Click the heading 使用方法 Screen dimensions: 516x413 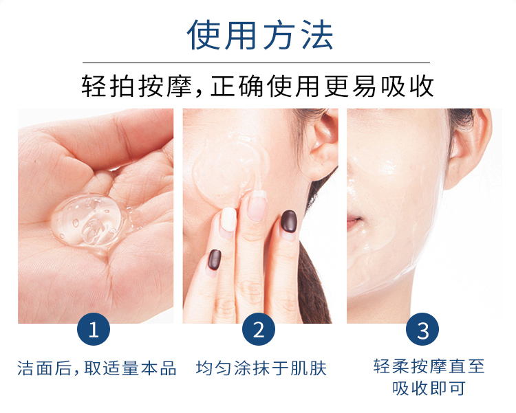[260, 35]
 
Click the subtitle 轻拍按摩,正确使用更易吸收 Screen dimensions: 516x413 [257, 86]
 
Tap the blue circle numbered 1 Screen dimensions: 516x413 [94, 329]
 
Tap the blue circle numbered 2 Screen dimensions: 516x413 [258, 329]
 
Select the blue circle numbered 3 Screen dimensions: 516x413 [422, 329]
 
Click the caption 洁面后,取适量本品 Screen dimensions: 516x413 [97, 368]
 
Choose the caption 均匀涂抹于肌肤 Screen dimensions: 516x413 [261, 368]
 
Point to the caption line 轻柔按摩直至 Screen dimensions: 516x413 [429, 366]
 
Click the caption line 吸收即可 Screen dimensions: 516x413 [429, 388]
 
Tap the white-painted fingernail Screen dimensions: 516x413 [228, 219]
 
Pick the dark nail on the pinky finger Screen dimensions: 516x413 [215, 260]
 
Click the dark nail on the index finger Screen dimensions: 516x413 [288, 222]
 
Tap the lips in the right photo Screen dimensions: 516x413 [354, 221]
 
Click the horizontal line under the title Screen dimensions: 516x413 [256, 63]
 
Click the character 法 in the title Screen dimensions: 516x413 [317, 35]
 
